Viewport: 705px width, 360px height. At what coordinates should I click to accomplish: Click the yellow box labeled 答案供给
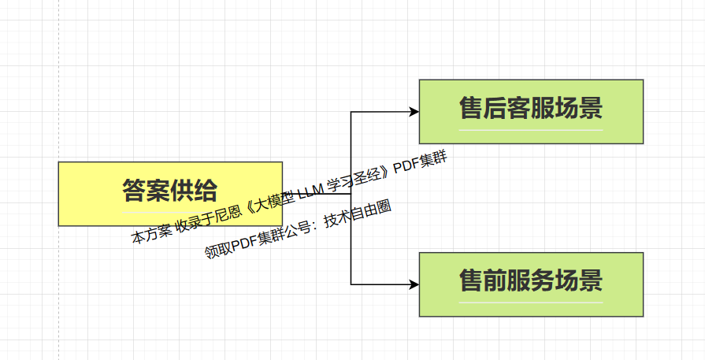click(x=87, y=193)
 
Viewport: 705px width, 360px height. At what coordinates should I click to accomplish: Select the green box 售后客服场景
click(x=531, y=111)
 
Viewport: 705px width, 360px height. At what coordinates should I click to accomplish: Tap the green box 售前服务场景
click(x=531, y=284)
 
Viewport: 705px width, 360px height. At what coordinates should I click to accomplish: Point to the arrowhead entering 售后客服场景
click(x=414, y=112)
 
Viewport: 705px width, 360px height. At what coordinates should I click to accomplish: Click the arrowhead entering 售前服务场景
click(x=414, y=284)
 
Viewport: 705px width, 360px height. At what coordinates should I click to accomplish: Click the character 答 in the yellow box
click(x=134, y=190)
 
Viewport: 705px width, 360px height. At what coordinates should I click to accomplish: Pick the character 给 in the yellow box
click(x=206, y=190)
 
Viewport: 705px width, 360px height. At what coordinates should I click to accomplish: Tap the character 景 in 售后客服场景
click(x=591, y=107)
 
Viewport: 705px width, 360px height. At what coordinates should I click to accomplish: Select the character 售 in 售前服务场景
click(x=471, y=280)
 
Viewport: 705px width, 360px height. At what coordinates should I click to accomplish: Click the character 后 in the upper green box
click(x=495, y=107)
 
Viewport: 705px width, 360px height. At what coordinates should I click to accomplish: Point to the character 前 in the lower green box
click(x=495, y=280)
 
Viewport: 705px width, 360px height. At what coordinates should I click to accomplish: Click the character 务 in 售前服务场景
click(x=544, y=280)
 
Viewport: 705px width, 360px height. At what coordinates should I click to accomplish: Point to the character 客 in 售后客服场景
click(x=519, y=107)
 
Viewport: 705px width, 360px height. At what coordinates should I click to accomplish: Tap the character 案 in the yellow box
click(x=158, y=190)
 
